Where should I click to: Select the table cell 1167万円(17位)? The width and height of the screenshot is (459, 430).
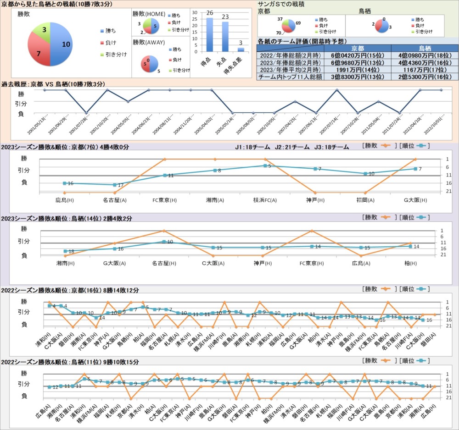(x=425, y=70)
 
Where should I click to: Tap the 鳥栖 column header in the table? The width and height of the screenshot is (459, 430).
(x=425, y=48)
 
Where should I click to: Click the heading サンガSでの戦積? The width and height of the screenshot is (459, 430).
(x=281, y=4)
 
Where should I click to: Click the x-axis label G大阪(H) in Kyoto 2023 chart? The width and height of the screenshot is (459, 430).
(x=415, y=200)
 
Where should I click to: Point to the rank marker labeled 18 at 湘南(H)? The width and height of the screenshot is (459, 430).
(x=65, y=251)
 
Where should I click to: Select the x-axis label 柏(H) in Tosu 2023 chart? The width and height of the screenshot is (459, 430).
(x=411, y=264)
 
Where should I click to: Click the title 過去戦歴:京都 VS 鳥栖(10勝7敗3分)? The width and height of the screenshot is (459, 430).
(x=54, y=84)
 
